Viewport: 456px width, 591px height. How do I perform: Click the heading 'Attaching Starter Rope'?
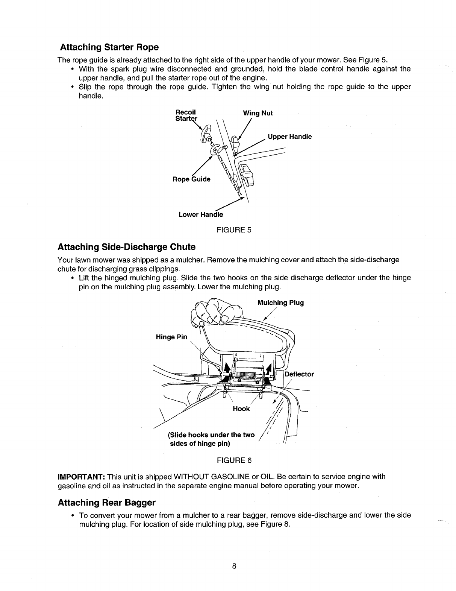pyautogui.click(x=109, y=47)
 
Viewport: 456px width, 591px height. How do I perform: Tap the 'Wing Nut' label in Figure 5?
pyautogui.click(x=258, y=113)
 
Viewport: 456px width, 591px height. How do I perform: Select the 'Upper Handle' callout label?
pyautogui.click(x=289, y=137)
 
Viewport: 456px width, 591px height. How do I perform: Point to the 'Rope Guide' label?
pyautogui.click(x=191, y=179)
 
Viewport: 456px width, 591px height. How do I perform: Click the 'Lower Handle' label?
pyautogui.click(x=200, y=215)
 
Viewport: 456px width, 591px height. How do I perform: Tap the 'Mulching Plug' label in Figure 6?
pyautogui.click(x=280, y=303)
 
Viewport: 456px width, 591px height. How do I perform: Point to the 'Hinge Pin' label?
pyautogui.click(x=171, y=337)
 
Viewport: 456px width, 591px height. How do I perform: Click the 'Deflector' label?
pyautogui.click(x=299, y=374)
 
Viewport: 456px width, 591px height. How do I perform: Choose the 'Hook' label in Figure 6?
pyautogui.click(x=241, y=409)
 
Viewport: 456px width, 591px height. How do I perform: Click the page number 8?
pyautogui.click(x=234, y=567)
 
